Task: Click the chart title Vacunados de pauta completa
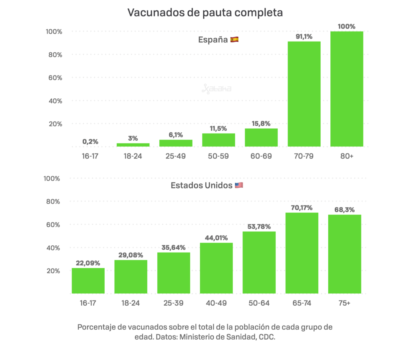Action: tap(205, 12)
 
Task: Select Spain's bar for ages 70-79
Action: tap(304, 93)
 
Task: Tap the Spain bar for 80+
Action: tap(347, 89)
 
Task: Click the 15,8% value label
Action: tap(261, 123)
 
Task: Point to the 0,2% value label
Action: tap(90, 141)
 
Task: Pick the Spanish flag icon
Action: tap(234, 40)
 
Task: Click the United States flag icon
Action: tap(239, 185)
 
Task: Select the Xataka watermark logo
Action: tap(216, 89)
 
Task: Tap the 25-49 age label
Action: tap(176, 156)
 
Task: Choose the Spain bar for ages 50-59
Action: tap(218, 140)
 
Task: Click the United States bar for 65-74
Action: tap(302, 253)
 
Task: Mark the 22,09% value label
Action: tap(88, 263)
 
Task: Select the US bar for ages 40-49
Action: tap(216, 268)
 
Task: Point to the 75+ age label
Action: tap(344, 303)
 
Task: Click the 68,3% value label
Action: tap(344, 210)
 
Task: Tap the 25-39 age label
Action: tap(174, 303)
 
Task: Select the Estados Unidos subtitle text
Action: tap(201, 185)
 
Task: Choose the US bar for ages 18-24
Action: tap(131, 276)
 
